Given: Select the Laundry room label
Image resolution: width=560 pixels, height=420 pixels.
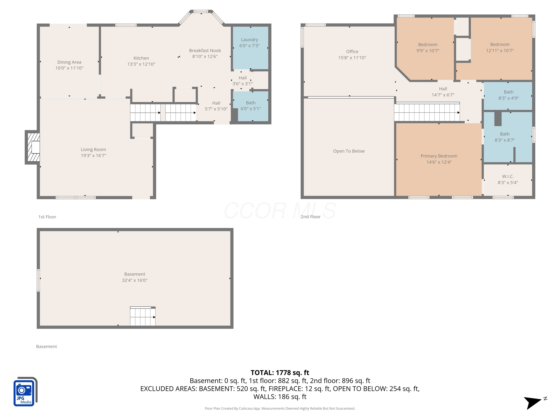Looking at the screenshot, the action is click(249, 40).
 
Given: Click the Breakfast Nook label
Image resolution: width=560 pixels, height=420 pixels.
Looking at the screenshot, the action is click(205, 51).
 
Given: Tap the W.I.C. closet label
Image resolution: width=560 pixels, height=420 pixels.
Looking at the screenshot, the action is click(508, 176).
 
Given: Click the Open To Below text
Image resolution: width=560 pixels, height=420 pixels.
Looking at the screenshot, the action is click(349, 151).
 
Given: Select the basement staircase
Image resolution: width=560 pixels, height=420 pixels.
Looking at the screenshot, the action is click(143, 316).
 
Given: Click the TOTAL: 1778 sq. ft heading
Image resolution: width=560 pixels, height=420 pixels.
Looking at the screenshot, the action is click(280, 373).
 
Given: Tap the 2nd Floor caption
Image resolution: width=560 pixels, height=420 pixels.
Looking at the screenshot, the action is click(310, 217).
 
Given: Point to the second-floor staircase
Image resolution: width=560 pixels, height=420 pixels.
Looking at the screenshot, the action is click(427, 112).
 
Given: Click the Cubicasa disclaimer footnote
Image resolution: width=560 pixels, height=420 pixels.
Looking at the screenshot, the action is click(280, 408).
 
